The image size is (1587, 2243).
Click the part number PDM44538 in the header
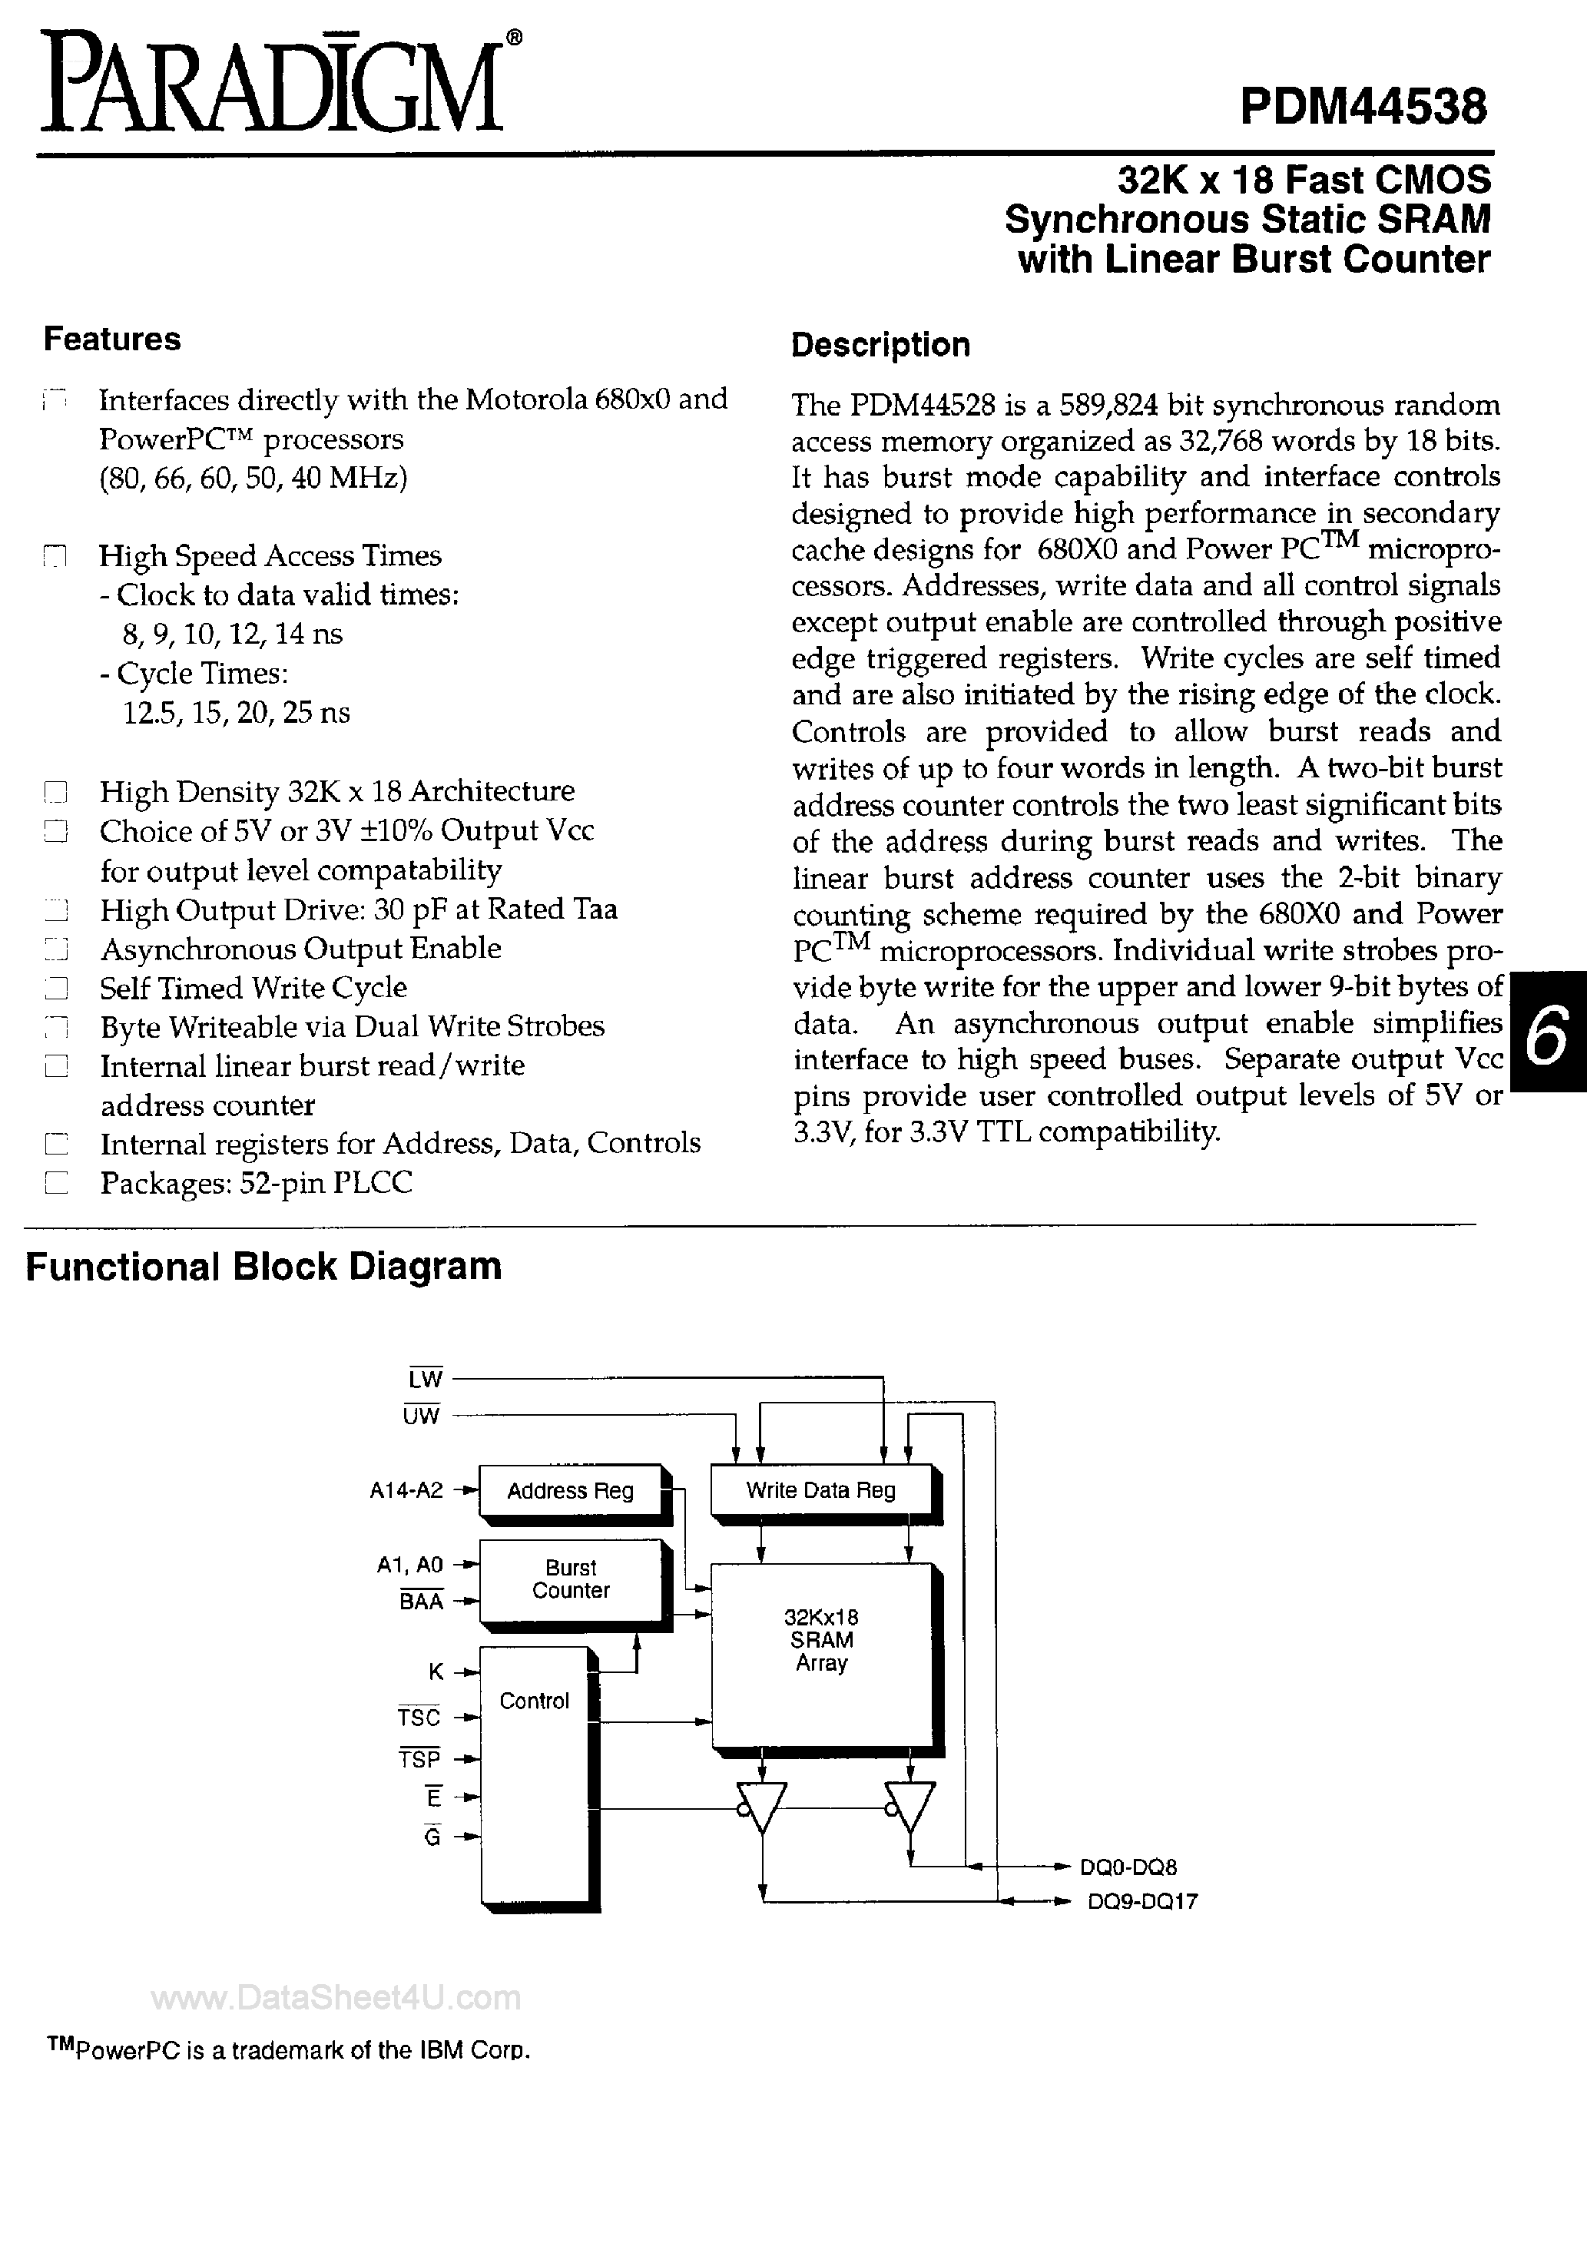[1363, 105]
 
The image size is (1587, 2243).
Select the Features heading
[111, 339]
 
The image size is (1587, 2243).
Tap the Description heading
[880, 345]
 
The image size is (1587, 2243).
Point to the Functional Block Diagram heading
[263, 1267]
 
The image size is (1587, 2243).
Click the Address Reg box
[570, 1491]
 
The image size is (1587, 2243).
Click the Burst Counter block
[570, 1579]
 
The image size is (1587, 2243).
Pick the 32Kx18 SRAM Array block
[821, 1642]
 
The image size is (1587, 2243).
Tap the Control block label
[534, 1701]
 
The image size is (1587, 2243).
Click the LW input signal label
[425, 1378]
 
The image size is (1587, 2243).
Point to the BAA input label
[421, 1601]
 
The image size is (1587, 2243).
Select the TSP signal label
[419, 1759]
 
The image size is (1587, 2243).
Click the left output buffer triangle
[762, 1807]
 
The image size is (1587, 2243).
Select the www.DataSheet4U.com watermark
[336, 1998]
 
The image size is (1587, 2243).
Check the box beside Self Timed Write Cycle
[57, 989]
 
